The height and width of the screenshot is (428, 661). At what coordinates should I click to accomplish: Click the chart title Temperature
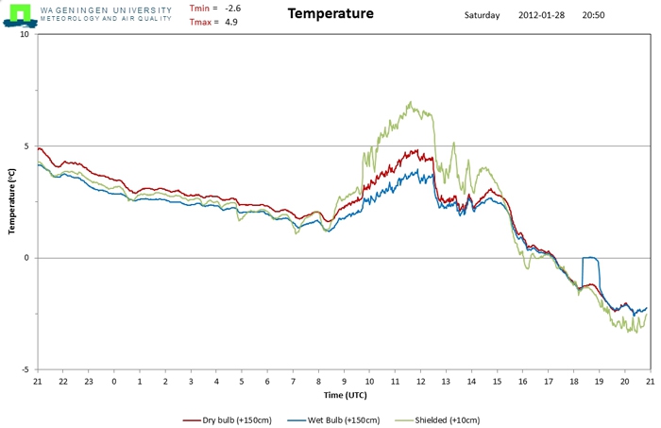click(x=330, y=13)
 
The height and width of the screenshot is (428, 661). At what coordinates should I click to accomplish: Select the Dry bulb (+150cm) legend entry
click(x=228, y=420)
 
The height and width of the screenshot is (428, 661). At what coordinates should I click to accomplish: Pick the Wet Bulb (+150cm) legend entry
click(x=333, y=420)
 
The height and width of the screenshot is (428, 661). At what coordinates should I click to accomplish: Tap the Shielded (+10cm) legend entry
click(x=437, y=420)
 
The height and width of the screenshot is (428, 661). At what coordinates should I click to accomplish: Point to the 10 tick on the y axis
click(x=25, y=34)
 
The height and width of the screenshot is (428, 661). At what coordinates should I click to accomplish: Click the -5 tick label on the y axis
click(x=25, y=369)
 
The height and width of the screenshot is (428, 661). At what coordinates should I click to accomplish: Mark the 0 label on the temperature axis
click(x=27, y=258)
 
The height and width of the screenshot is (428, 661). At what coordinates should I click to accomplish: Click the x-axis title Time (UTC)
click(x=346, y=395)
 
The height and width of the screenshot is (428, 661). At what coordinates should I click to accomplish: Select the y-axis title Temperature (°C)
click(x=11, y=201)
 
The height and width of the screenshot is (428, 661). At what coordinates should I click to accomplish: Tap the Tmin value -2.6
click(x=232, y=9)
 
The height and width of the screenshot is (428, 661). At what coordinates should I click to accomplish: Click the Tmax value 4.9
click(x=231, y=22)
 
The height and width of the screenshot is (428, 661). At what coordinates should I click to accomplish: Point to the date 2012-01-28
click(x=541, y=15)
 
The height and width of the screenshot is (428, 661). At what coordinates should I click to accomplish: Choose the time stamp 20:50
click(x=593, y=15)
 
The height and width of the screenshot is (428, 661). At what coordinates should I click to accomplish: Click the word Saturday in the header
click(x=482, y=15)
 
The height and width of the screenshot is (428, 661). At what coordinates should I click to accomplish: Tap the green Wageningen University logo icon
click(x=20, y=16)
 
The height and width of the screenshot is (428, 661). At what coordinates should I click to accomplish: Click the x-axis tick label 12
click(x=421, y=382)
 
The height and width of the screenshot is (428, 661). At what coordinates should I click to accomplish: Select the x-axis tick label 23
click(x=89, y=382)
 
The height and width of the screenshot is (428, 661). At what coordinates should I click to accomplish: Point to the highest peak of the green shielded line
click(x=410, y=102)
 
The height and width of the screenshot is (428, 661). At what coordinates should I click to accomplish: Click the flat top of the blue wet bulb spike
click(x=590, y=257)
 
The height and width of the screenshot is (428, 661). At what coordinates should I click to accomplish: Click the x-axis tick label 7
click(x=293, y=382)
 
